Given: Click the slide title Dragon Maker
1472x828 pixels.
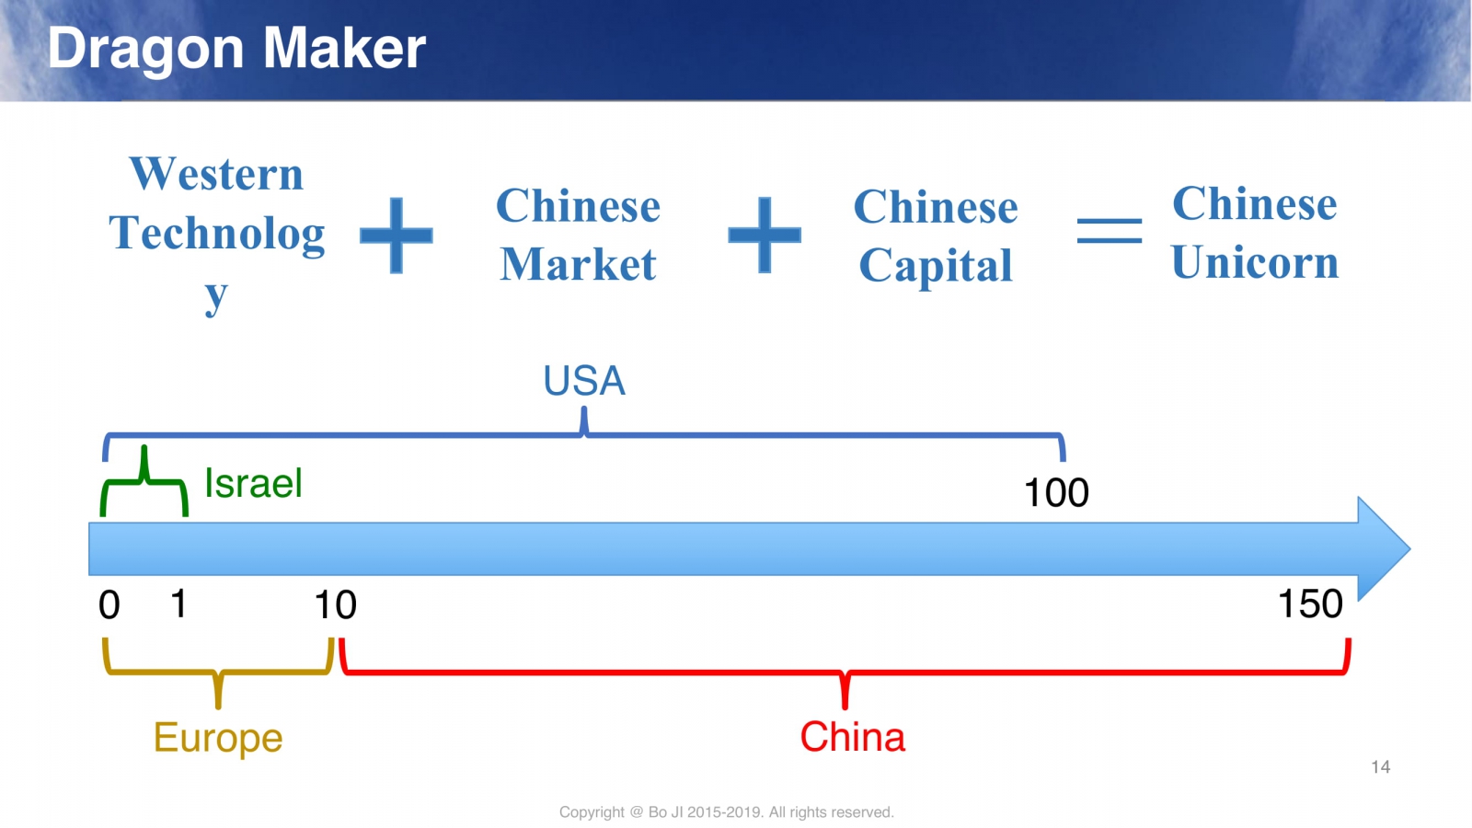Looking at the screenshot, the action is pyautogui.click(x=236, y=49).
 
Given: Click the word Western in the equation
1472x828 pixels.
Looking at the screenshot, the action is pyautogui.click(x=216, y=174).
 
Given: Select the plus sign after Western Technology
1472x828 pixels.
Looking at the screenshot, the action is pyautogui.click(x=397, y=235).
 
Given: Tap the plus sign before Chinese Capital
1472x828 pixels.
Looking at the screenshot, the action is pyautogui.click(x=765, y=235).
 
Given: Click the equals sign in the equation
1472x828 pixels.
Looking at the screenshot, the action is pyautogui.click(x=1110, y=231).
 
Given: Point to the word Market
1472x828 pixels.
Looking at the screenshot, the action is pyautogui.click(x=578, y=264).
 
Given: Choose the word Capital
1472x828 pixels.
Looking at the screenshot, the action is pyautogui.click(x=935, y=266).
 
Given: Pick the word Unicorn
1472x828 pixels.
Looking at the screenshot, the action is pyautogui.click(x=1255, y=261).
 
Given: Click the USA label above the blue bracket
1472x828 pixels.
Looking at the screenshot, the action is pyautogui.click(x=584, y=381).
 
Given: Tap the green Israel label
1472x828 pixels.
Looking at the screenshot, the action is pyautogui.click(x=254, y=483).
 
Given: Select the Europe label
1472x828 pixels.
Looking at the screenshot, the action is pyautogui.click(x=218, y=738).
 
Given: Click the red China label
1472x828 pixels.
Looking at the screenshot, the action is pyautogui.click(x=852, y=737).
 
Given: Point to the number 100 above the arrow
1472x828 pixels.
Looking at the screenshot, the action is pyautogui.click(x=1056, y=492).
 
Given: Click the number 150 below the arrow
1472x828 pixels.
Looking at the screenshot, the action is pyautogui.click(x=1310, y=604).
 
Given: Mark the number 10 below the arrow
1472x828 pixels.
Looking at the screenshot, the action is pyautogui.click(x=335, y=604).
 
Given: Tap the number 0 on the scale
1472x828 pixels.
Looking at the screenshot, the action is pyautogui.click(x=109, y=604).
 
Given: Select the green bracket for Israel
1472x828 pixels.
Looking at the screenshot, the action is pyautogui.click(x=144, y=483).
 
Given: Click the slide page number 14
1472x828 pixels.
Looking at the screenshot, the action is pyautogui.click(x=1380, y=767).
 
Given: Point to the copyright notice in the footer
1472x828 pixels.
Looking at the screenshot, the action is pyautogui.click(x=726, y=812).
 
